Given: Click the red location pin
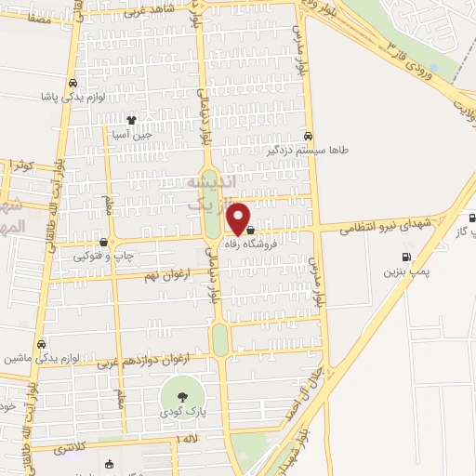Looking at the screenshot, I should click(239, 218).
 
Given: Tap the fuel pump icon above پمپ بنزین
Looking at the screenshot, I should click(404, 258).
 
